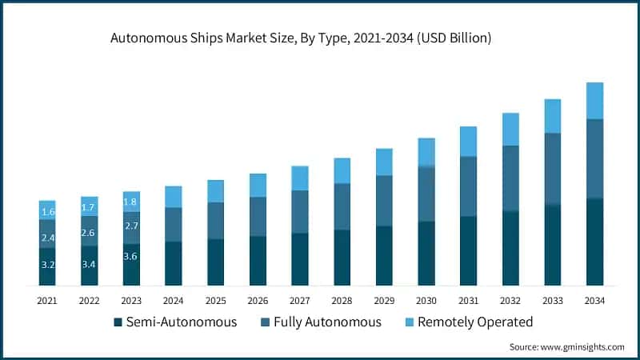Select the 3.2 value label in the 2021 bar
47,265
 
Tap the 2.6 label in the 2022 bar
90,233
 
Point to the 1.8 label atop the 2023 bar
131,202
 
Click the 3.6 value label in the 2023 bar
131,257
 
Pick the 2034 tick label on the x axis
594,301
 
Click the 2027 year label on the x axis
299,301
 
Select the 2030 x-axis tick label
426,301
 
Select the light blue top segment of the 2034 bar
594,101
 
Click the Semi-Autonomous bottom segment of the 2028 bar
342,258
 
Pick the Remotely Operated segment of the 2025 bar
215,191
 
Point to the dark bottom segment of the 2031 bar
468,250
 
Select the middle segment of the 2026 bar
258,217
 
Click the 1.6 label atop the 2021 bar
47,212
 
